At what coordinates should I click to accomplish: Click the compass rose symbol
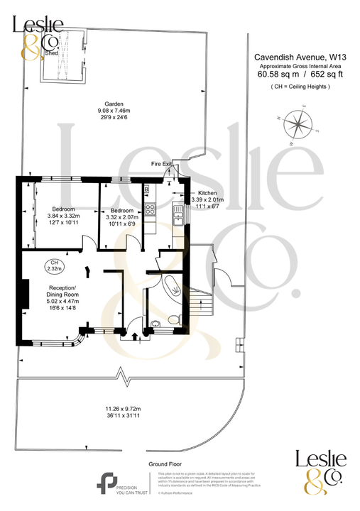point(298,126)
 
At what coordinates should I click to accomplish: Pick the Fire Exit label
point(161,164)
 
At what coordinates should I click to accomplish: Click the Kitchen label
point(207,193)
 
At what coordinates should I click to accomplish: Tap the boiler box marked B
point(146,189)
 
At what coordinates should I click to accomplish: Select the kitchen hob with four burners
point(150,209)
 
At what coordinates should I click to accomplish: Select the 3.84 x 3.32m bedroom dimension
point(64,216)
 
